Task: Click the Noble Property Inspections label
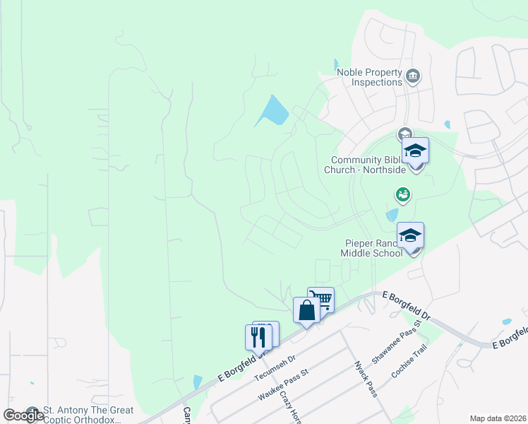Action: point(369,77)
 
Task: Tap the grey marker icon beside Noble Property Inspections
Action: point(414,76)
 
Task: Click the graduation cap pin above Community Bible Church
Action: point(415,151)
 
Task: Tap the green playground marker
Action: point(402,193)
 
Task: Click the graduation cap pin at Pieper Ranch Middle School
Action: point(410,236)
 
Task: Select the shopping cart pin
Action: point(322,299)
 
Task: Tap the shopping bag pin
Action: point(306,310)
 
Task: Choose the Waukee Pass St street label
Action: point(283,384)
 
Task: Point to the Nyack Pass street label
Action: point(366,379)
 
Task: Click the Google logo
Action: point(23,415)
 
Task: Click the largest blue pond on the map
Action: point(274,110)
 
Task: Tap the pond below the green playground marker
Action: point(392,215)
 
